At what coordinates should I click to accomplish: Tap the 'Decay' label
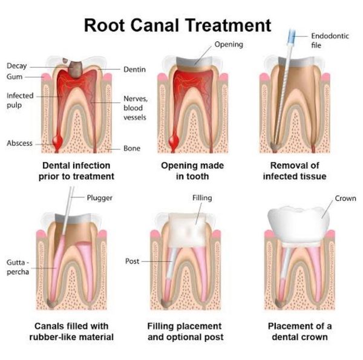pyautogui.click(x=16, y=66)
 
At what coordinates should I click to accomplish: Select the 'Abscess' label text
pyautogui.click(x=19, y=143)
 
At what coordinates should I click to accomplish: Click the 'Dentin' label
pyautogui.click(x=134, y=70)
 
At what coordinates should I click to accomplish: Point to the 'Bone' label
pyautogui.click(x=132, y=148)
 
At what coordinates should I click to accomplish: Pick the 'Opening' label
pyautogui.click(x=229, y=44)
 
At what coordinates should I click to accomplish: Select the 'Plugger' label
pyautogui.click(x=100, y=198)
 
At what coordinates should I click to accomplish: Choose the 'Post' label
pyautogui.click(x=132, y=261)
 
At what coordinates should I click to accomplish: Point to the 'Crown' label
pyautogui.click(x=345, y=198)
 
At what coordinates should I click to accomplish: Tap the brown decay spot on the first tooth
pyautogui.click(x=77, y=69)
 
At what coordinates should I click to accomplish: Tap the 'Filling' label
pyautogui.click(x=201, y=198)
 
